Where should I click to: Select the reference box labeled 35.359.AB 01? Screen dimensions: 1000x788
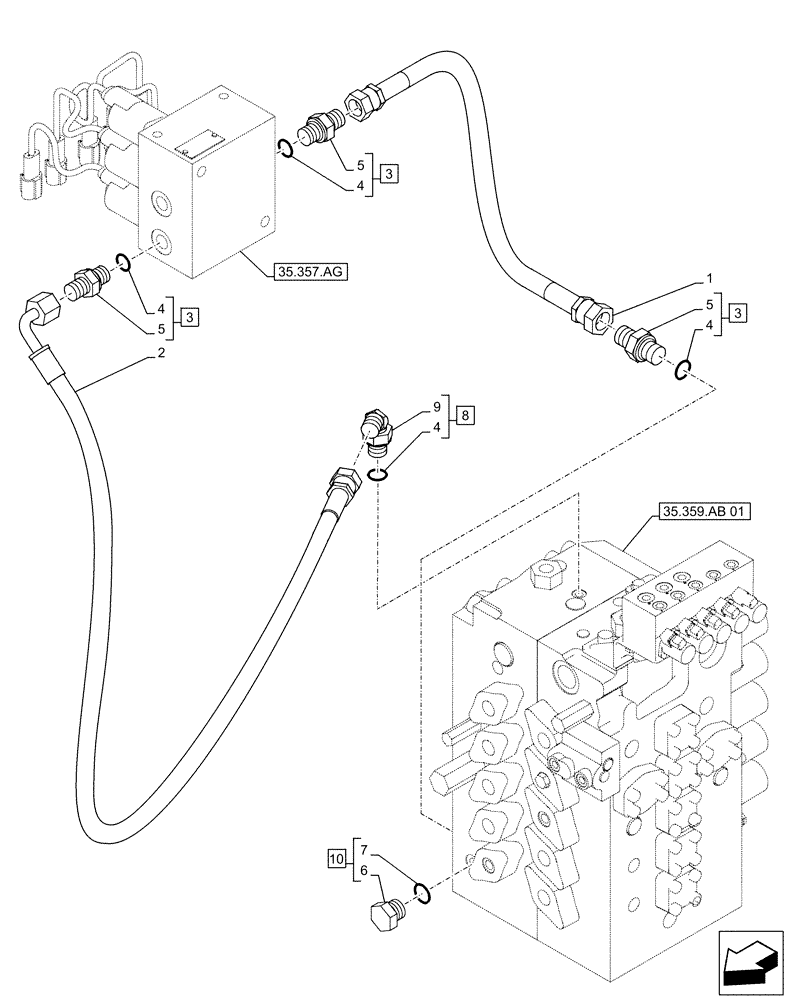(x=705, y=514)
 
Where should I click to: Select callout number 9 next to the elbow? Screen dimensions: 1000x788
(x=436, y=408)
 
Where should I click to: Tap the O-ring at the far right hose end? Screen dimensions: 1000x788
(x=682, y=371)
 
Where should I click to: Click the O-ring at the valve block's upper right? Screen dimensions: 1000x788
(x=285, y=150)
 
